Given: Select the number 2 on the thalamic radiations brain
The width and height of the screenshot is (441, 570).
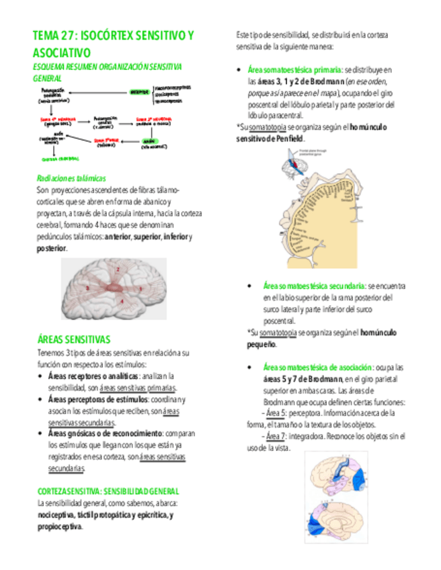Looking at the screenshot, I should tap(117, 269).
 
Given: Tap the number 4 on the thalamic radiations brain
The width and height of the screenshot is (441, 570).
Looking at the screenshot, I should tap(122, 301).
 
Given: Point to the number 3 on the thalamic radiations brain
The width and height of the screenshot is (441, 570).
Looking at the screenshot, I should tap(87, 288).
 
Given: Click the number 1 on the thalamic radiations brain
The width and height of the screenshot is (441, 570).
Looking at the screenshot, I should tap(140, 289).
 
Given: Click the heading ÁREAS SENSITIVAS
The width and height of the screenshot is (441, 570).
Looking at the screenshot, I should tap(74, 339).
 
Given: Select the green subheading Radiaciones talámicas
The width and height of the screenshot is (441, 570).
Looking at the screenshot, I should tap(71, 179).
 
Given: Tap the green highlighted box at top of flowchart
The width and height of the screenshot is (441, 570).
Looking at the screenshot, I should tap(140, 91).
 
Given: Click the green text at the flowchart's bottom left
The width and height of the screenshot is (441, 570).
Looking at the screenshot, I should tap(60, 159).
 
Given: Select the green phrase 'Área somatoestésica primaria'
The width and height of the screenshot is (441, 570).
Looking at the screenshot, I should tap(294, 69).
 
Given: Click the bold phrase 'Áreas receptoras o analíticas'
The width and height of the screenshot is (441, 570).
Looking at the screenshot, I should tap(93, 376).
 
